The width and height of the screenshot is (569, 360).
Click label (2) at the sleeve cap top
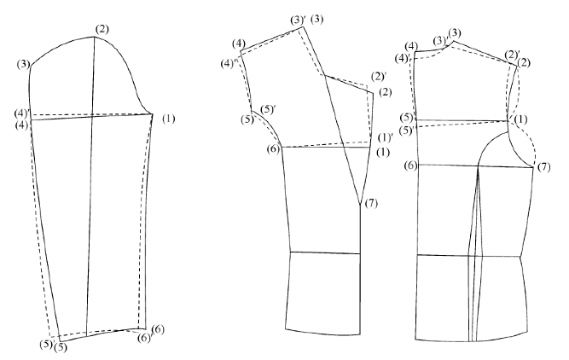tap(102, 30)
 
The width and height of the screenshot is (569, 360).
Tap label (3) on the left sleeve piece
tap(23, 63)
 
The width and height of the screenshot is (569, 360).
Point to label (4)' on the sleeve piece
tap(22, 113)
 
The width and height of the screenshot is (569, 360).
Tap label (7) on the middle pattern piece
tap(370, 202)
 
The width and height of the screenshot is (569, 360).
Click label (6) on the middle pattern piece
tap(273, 149)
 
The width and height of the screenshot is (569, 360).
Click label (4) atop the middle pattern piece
tap(239, 44)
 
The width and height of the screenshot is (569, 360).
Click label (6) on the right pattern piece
tap(410, 165)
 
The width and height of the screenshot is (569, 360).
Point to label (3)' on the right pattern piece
tap(440, 40)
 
